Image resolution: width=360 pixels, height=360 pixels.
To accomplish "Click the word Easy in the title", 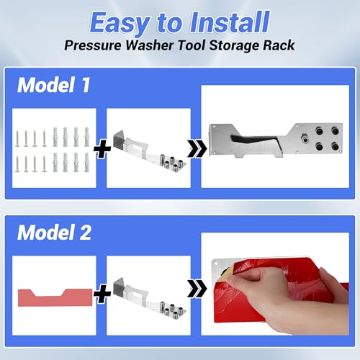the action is [120, 24].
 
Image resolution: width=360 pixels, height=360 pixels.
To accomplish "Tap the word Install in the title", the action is [230, 22].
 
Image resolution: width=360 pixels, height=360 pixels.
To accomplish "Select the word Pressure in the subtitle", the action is [93, 45].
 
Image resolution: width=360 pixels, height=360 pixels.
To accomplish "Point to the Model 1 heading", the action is [54, 85].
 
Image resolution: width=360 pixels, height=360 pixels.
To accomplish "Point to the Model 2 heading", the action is [54, 233].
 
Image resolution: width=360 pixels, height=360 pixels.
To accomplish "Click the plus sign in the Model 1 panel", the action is [102, 149].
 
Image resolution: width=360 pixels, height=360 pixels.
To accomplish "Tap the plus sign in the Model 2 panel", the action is [102, 294].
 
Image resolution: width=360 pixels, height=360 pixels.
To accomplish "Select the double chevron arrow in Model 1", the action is [197, 149].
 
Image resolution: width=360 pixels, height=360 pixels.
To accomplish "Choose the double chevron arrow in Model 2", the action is [197, 289].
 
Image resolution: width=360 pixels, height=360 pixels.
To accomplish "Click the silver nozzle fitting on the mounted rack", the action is [305, 138].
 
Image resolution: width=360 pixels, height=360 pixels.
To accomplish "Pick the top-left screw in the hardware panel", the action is [17, 138].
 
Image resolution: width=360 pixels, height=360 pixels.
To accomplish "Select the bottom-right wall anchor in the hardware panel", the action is [86, 163].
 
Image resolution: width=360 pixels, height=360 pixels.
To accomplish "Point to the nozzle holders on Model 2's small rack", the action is [171, 308].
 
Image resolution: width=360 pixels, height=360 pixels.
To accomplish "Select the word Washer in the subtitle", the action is [150, 45].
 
